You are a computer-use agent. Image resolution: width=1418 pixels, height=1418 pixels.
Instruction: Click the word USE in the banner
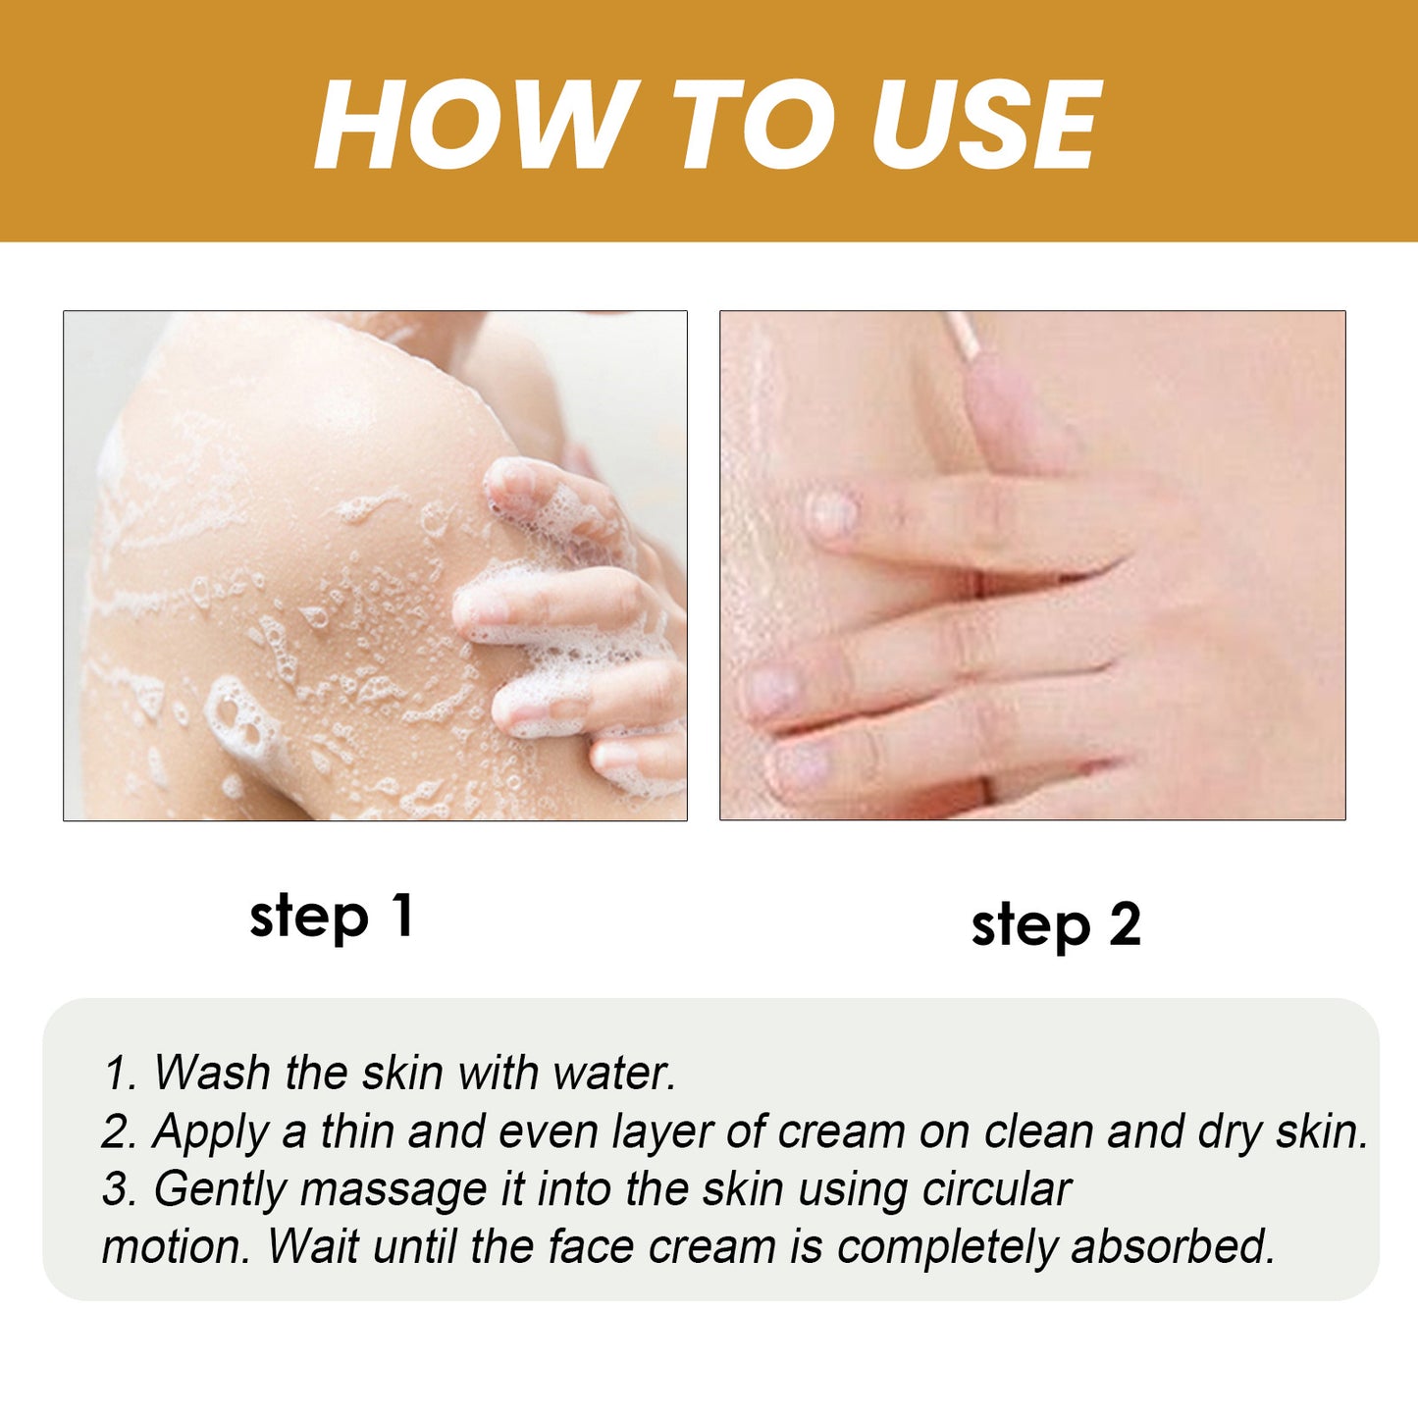(986, 126)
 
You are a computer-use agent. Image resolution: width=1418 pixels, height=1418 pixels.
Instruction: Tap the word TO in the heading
(755, 126)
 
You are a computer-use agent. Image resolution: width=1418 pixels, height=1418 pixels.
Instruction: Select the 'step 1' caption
(332, 917)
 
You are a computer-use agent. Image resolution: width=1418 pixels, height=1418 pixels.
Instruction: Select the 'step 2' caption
(1056, 925)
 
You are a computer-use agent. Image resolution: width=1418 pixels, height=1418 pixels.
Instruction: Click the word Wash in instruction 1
(211, 1072)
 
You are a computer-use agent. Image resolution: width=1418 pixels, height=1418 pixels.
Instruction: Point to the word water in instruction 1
(613, 1072)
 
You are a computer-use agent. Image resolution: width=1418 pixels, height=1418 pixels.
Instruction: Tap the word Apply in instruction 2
(210, 1131)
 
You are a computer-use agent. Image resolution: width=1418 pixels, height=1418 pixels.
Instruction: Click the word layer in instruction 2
(661, 1131)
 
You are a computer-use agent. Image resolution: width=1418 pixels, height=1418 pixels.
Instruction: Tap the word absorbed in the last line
(1173, 1247)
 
